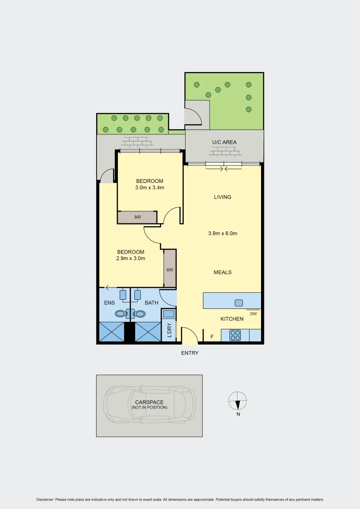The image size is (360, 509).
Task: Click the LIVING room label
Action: pos(222,197)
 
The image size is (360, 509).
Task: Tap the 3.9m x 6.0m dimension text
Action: pos(222,233)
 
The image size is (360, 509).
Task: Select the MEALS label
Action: pos(222,272)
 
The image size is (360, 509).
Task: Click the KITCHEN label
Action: pos(232,319)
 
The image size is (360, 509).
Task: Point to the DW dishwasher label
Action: pos(253,313)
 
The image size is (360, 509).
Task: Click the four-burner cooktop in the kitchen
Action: pos(235,335)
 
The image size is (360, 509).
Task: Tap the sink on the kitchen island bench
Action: pos(238,303)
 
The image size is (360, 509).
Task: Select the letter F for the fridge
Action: pos(212,337)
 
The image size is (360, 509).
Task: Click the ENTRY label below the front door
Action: pos(190,353)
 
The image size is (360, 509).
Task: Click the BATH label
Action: pos(151,303)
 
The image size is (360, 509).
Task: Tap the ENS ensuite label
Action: pos(109,303)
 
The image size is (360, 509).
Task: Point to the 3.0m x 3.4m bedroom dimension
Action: pos(149,187)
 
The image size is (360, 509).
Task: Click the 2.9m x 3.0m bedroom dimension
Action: pos(131,258)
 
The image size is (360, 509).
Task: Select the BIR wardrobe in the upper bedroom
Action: pos(137,217)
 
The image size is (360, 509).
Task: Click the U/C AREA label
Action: pos(224,142)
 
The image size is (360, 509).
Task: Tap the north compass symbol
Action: pos(237,402)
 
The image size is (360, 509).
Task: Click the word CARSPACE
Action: pos(149,402)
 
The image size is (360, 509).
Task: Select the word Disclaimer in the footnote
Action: pos(45,499)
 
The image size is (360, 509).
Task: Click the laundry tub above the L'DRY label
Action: pos(168,313)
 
